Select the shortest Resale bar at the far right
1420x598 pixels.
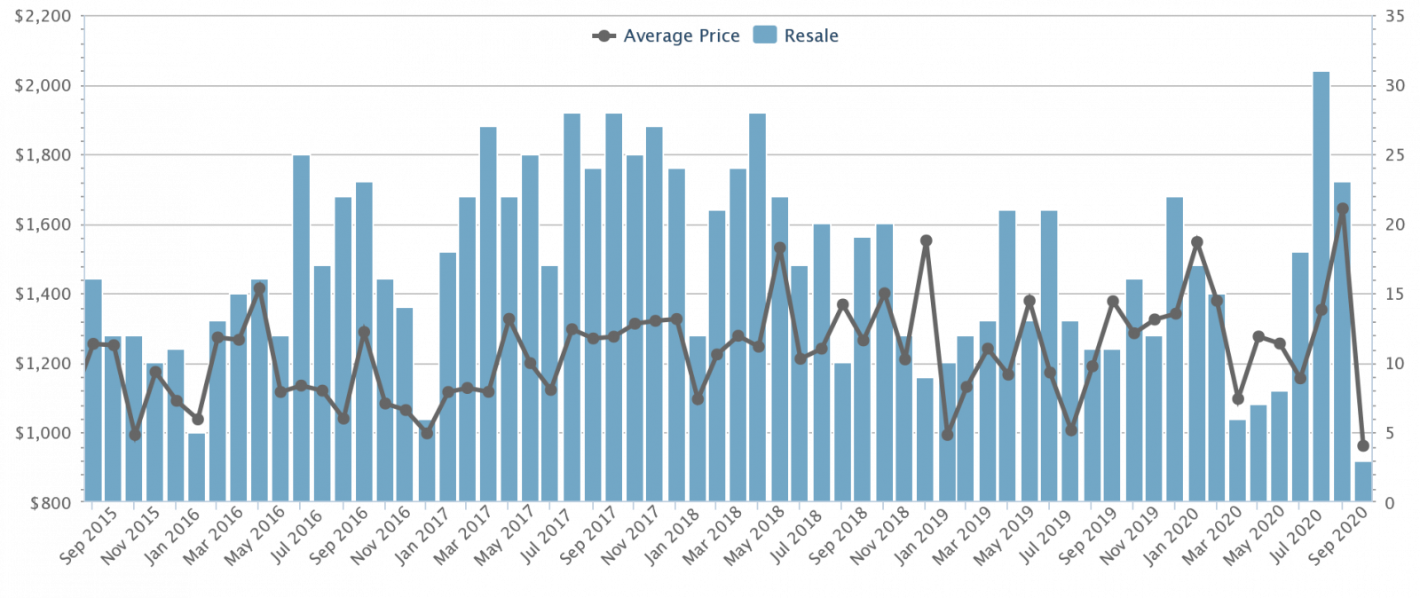(1363, 481)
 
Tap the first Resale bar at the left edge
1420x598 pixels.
(93, 390)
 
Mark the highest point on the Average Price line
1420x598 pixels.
(1343, 209)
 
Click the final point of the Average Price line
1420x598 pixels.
(1363, 445)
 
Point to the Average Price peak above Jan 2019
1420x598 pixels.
(926, 240)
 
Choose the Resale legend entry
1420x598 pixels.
(796, 35)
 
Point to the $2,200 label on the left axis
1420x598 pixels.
(43, 17)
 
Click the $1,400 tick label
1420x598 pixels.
(43, 295)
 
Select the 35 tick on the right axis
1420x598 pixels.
(1394, 17)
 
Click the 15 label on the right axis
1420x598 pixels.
(1394, 295)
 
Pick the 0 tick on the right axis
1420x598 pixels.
(1390, 503)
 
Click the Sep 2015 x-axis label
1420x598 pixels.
(89, 535)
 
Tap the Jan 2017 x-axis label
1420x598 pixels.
(422, 535)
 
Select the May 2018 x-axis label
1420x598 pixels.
(756, 535)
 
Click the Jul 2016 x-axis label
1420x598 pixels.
(297, 535)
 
